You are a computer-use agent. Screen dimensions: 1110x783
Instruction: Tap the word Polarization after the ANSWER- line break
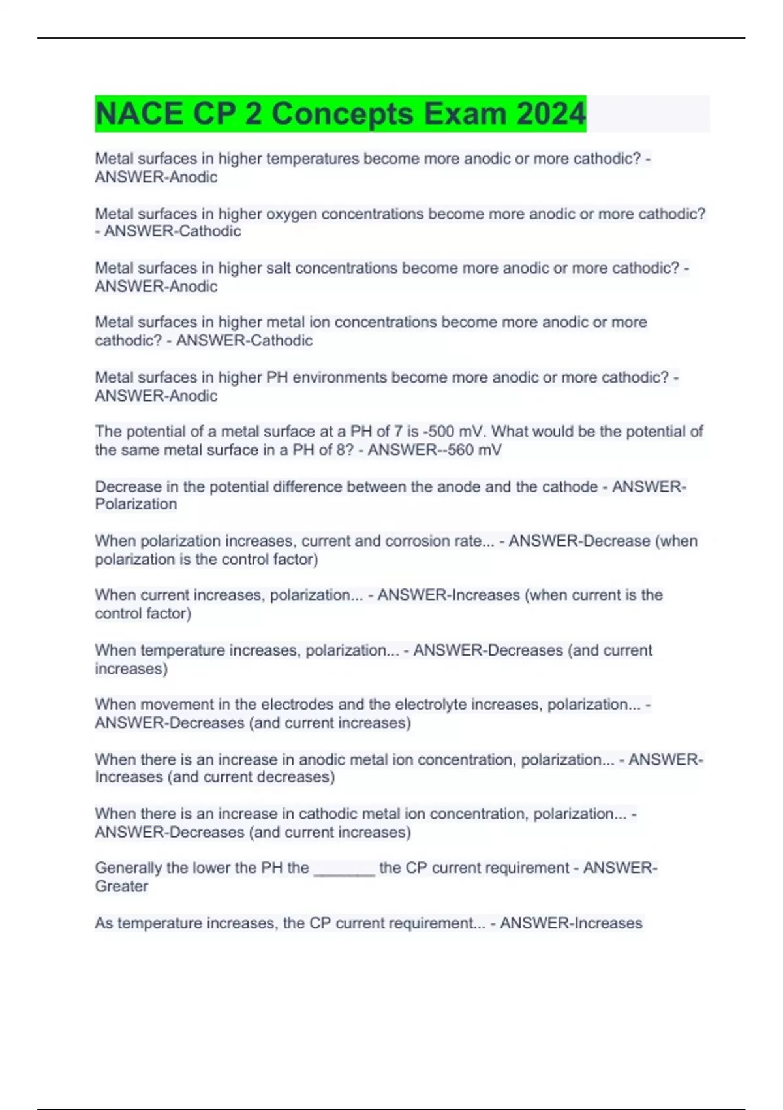136,504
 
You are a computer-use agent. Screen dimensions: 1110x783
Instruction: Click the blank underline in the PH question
345,868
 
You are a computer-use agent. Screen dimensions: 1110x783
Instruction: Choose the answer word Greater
121,887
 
